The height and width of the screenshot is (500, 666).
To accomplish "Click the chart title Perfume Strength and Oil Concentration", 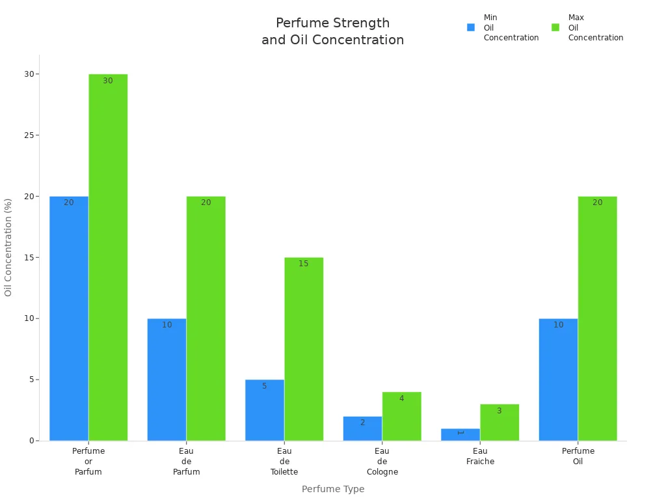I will click(332, 31).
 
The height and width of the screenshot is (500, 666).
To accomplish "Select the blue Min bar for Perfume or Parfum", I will click(69, 318).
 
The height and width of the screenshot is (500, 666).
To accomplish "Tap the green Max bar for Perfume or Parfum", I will click(108, 257).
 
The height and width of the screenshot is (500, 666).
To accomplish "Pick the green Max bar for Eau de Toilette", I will click(304, 349).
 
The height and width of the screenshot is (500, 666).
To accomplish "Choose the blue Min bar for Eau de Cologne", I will click(362, 428).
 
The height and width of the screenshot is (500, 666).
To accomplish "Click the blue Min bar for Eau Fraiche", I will click(460, 434).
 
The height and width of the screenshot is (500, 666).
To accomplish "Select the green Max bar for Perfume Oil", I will click(597, 318).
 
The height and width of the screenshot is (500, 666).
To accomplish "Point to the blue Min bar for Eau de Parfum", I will click(166, 380).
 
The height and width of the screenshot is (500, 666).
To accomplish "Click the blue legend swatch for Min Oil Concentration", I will click(471, 27).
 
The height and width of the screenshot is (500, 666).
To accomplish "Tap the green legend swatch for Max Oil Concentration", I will click(555, 27).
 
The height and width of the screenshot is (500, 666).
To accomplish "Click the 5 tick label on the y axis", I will click(31, 380).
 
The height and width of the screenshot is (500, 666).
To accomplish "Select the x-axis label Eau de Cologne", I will click(382, 462).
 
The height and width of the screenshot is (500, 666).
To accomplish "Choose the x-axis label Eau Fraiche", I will click(480, 456).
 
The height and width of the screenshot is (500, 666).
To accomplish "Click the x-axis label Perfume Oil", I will click(578, 456).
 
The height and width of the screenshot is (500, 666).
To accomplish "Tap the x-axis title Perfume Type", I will click(333, 489).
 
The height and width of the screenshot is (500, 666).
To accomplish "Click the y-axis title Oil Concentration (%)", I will click(8, 247).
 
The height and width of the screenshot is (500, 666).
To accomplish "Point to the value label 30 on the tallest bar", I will click(108, 81).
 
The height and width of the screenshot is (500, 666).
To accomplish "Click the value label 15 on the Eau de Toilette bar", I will click(304, 264).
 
